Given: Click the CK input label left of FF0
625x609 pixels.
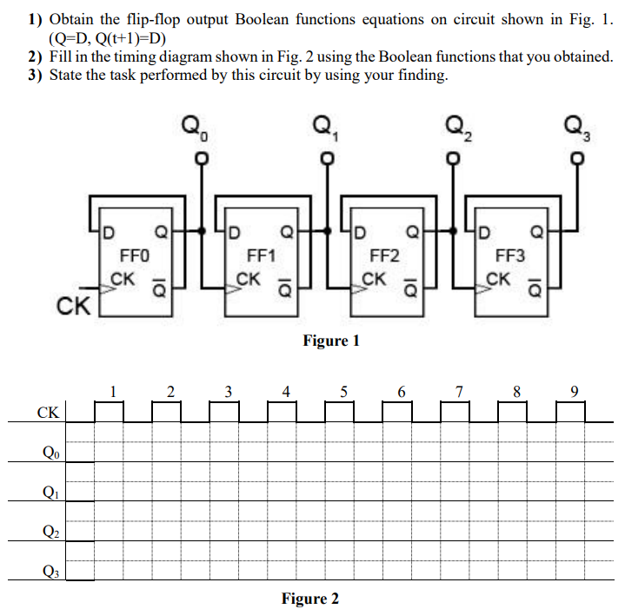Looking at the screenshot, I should pos(70,306).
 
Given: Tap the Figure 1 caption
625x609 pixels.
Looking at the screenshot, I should pos(331,341).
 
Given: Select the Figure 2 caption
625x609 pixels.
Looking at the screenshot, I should pos(310,599).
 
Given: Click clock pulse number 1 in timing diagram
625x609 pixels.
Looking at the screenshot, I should pos(112,391).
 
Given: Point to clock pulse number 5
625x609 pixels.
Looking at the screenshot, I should pos(344,391).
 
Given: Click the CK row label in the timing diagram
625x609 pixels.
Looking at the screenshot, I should pos(49,412).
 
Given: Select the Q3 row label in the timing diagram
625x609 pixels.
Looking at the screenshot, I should pos(50,571).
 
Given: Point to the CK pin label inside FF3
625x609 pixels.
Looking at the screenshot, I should pos(499,280).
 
